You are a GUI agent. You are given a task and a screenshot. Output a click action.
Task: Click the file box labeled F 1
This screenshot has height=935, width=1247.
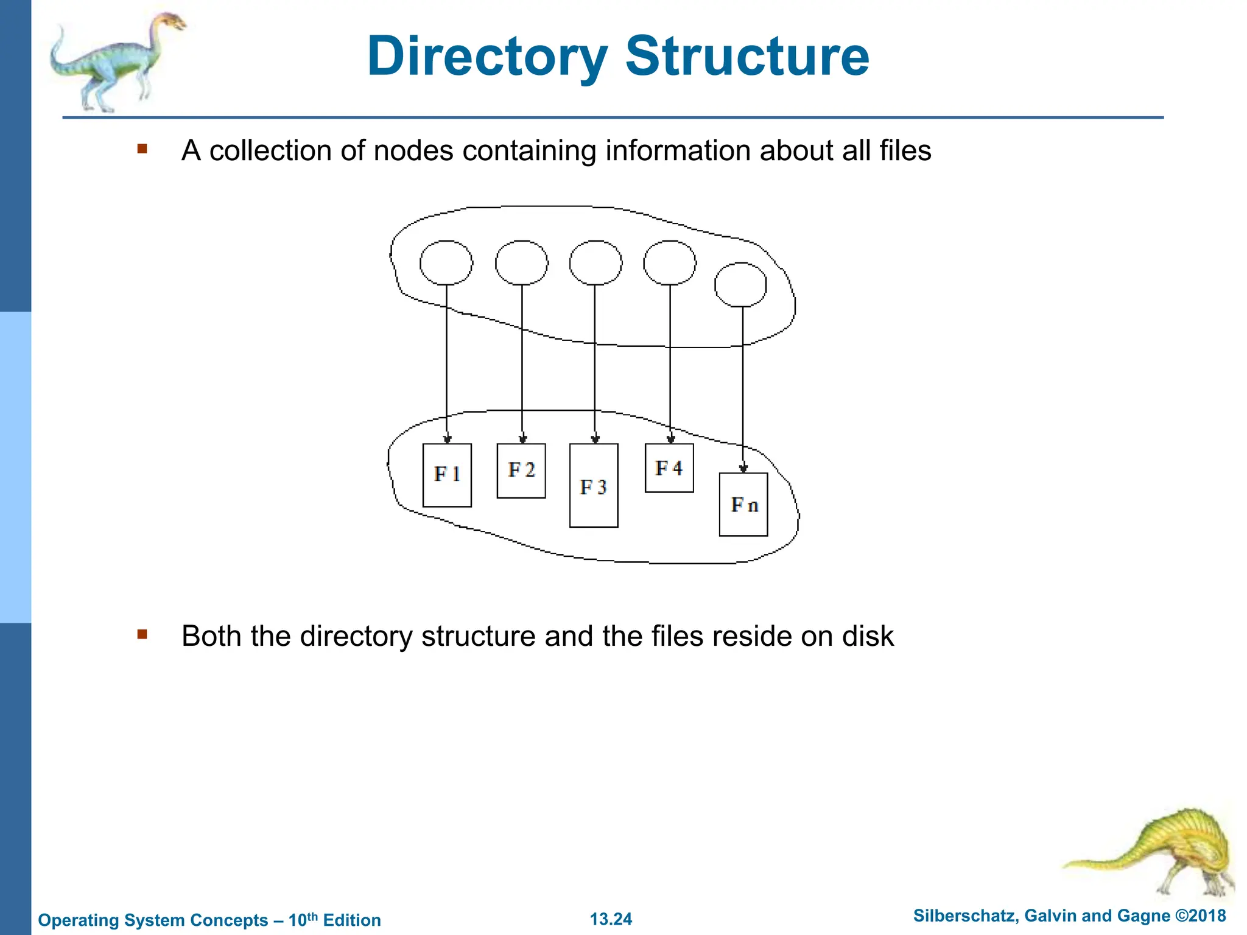coord(447,475)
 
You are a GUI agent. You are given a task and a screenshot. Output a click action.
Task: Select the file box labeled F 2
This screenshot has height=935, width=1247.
coord(521,471)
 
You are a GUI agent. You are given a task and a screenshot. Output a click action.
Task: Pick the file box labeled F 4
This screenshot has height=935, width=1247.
coord(669,468)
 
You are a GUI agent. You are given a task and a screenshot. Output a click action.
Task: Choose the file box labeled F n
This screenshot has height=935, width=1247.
coord(743,505)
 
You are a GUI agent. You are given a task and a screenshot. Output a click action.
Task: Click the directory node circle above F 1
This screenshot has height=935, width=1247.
coord(446,262)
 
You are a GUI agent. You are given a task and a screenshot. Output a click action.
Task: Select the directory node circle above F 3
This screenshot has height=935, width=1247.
coord(595,262)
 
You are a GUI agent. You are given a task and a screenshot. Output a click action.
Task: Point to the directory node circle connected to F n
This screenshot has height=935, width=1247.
coord(740,284)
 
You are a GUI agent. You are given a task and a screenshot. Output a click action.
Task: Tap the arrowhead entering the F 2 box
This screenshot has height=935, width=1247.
coord(522,439)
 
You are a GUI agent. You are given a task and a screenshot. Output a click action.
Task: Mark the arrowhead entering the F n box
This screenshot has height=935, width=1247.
coord(743,469)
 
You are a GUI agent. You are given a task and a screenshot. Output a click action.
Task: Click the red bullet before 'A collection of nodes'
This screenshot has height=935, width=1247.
coord(142,149)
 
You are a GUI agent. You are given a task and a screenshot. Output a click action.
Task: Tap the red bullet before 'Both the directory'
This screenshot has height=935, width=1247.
coord(142,635)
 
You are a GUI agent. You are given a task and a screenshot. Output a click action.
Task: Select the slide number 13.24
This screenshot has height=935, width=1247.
coord(611,919)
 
